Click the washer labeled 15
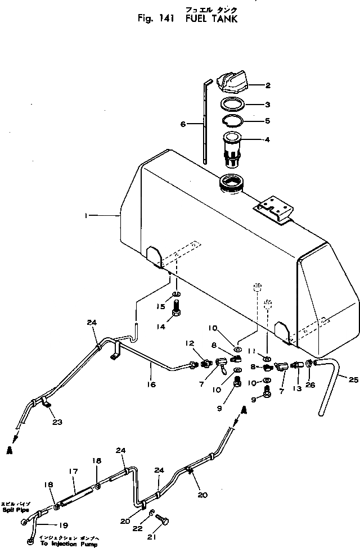[x=176, y=293]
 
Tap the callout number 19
[x=63, y=526]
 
